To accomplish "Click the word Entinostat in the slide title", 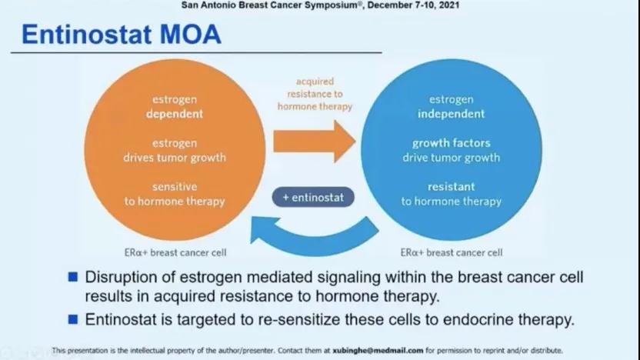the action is tap(86, 35).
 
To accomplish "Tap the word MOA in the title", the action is tap(191, 35).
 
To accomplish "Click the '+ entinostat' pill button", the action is tap(313, 197).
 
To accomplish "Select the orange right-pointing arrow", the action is tap(315, 142).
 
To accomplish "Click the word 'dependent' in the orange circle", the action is tap(175, 114).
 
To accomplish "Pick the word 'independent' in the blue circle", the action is tap(451, 114).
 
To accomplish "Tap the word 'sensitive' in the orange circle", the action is tap(175, 186).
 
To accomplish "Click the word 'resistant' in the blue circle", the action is tap(451, 186).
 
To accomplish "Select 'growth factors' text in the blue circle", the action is tap(451, 143).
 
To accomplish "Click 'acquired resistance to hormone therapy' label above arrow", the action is tap(315, 94).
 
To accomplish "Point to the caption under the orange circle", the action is tap(175, 252).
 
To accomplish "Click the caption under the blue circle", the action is tap(452, 252).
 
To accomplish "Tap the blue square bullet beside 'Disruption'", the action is tap(73, 277).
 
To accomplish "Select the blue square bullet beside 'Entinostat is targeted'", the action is tap(73, 319).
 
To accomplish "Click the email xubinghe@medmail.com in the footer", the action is tap(378, 350).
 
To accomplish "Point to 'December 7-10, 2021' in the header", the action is tap(413, 5).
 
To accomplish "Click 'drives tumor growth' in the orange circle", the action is tap(175, 158).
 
